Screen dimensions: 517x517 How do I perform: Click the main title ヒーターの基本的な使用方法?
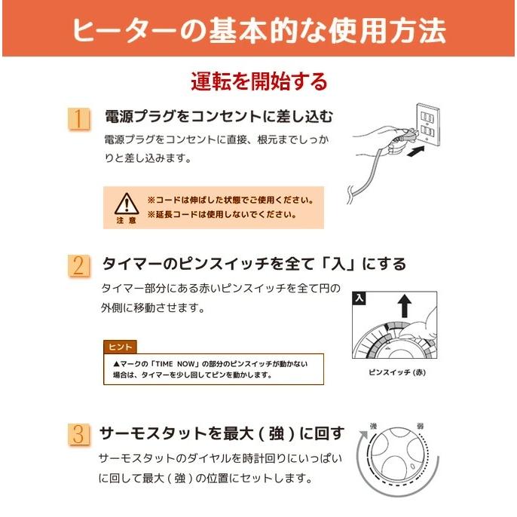(x=258, y=31)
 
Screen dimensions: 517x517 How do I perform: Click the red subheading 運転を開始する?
(x=258, y=80)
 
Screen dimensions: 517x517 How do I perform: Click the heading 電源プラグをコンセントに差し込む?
(x=218, y=118)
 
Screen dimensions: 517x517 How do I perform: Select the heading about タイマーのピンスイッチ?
(x=254, y=264)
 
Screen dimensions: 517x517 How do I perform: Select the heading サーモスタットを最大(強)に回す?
(x=223, y=433)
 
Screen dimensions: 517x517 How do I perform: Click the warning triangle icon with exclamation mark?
(x=126, y=203)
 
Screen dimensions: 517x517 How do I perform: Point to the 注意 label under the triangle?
(x=126, y=220)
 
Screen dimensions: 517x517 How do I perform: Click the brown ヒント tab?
(x=121, y=347)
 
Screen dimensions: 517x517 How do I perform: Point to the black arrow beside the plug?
(x=415, y=153)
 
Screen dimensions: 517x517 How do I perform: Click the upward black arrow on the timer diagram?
(x=405, y=304)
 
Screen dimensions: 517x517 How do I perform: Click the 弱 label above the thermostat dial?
(x=420, y=427)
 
